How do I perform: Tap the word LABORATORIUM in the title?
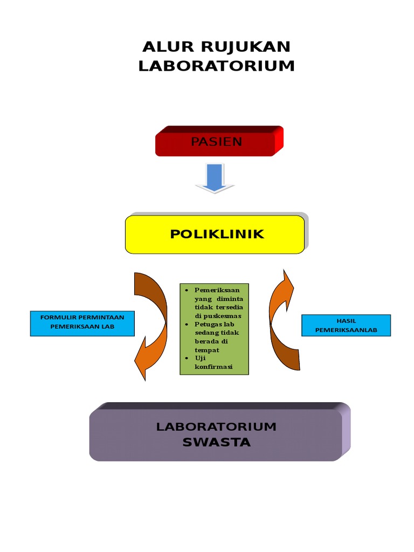(x=217, y=66)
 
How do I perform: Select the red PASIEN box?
(x=216, y=142)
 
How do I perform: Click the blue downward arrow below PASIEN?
(x=215, y=178)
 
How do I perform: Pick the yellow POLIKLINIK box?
(x=216, y=234)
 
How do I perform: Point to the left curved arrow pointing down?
(x=148, y=323)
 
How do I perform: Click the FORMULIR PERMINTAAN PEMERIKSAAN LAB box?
(x=82, y=322)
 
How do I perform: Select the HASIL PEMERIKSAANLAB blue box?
(x=346, y=325)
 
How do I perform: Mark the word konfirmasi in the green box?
(x=213, y=367)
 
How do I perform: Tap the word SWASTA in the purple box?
(x=216, y=443)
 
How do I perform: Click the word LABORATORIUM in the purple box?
(x=216, y=427)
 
